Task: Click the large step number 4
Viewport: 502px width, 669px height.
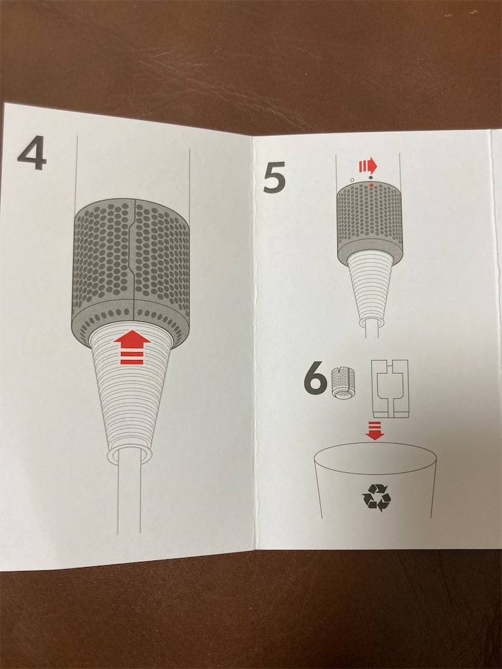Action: [x=31, y=153]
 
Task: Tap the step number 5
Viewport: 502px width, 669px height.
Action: [x=275, y=179]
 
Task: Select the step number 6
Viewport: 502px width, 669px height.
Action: [x=315, y=379]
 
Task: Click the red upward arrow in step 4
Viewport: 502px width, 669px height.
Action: [x=132, y=348]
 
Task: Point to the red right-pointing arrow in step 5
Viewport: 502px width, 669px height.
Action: [x=368, y=165]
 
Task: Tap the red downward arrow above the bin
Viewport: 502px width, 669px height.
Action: [x=375, y=431]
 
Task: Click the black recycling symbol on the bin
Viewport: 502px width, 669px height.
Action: [x=376, y=497]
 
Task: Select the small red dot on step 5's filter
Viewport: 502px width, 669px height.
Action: [x=371, y=185]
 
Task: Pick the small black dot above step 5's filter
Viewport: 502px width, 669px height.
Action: [x=371, y=176]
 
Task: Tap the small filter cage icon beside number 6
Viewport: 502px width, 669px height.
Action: [x=343, y=384]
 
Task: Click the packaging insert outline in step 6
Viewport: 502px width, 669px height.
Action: [x=390, y=389]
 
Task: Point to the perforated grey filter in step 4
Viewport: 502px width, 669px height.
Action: [x=131, y=271]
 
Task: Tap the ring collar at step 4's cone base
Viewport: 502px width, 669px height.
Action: [x=128, y=455]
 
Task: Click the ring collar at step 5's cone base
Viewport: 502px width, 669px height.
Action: [x=370, y=323]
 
